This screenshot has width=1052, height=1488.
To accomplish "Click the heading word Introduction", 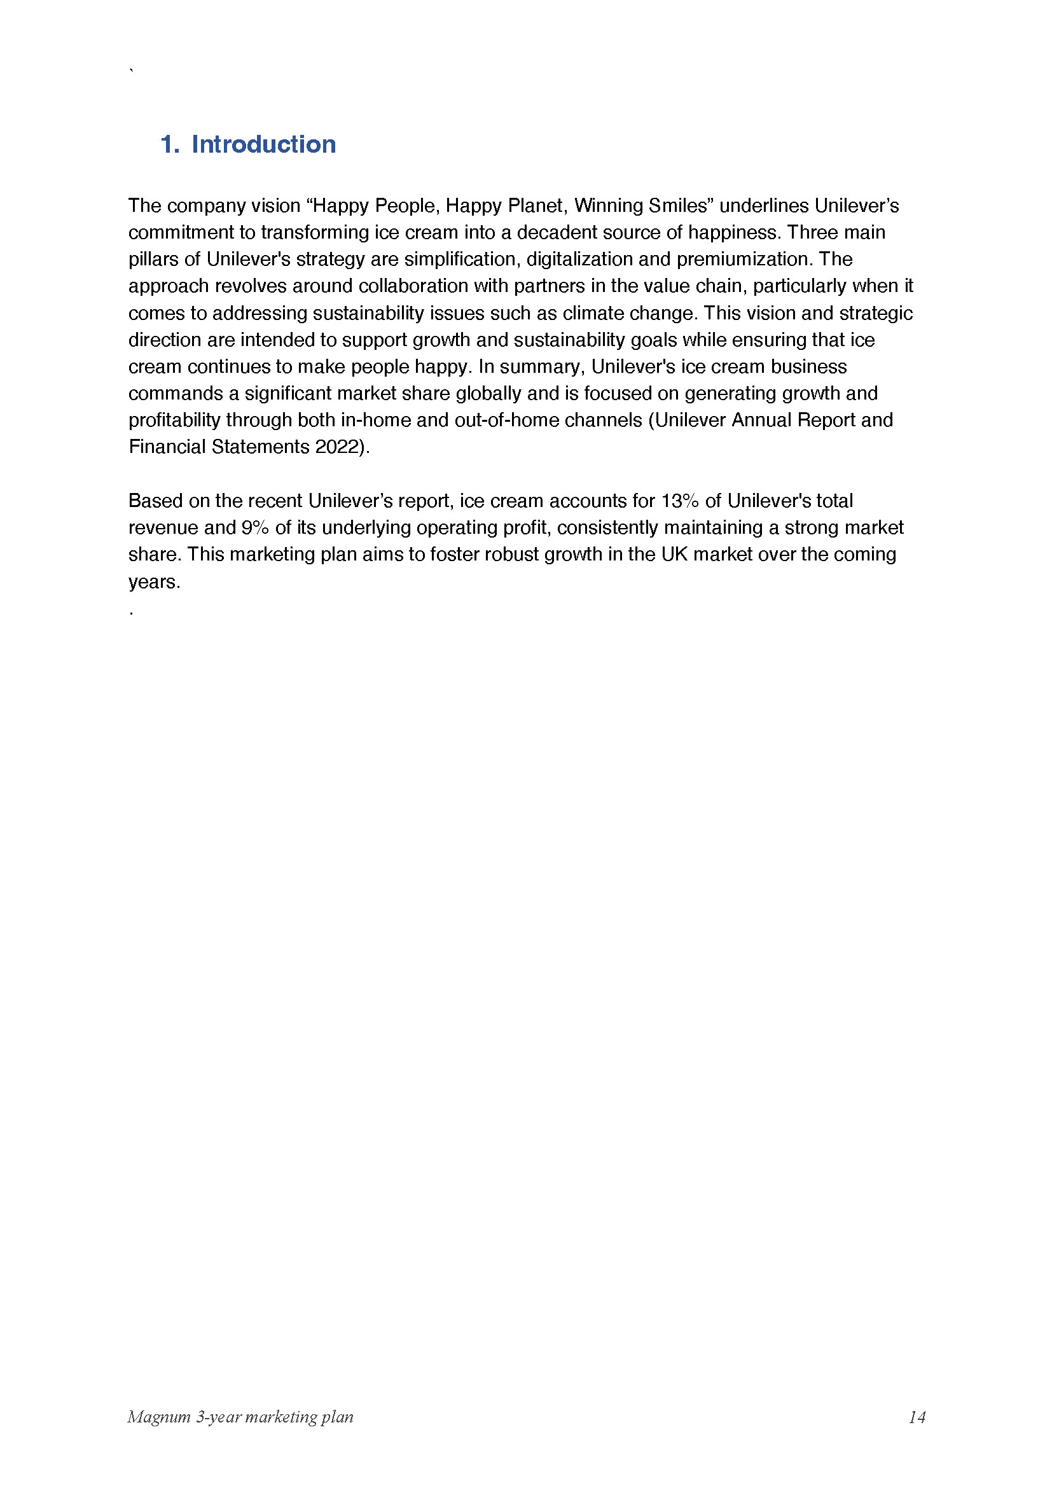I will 264,144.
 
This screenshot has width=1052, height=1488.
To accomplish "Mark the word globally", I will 489,393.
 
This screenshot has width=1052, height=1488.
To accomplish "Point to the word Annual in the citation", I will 761,421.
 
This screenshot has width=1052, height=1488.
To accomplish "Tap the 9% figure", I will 255,528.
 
